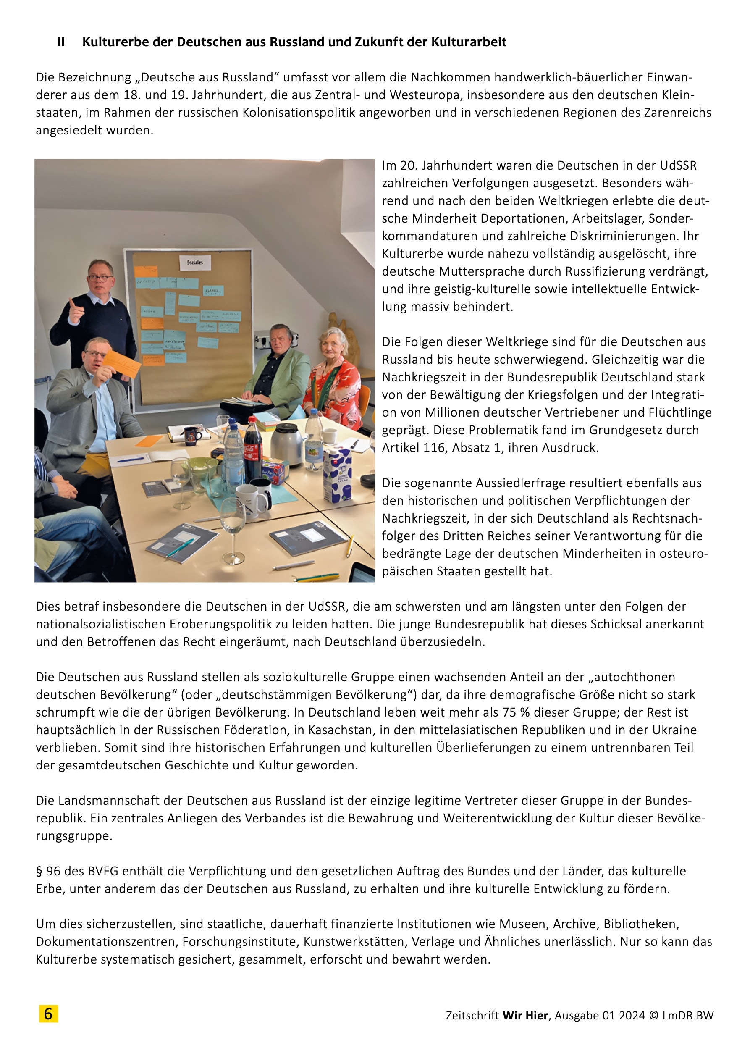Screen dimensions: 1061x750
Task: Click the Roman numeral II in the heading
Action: pyautogui.click(x=61, y=42)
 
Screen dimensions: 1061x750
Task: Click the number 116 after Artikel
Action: pyautogui.click(x=434, y=448)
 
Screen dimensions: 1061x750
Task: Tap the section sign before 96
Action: pyautogui.click(x=39, y=871)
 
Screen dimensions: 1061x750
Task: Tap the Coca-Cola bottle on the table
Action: pyautogui.click(x=253, y=448)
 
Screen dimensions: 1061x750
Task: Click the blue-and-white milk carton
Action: pyautogui.click(x=337, y=475)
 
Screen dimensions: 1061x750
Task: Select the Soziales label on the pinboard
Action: pyautogui.click(x=195, y=263)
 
